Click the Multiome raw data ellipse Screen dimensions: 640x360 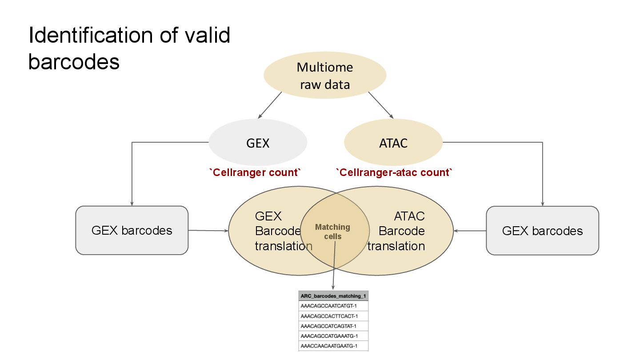325,75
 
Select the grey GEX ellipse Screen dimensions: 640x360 258,142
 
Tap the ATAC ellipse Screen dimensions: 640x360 393,142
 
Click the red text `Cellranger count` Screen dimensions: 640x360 255,172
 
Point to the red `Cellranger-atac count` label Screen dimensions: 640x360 394,172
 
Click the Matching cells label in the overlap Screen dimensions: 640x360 332,232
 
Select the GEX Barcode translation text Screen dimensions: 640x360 283,231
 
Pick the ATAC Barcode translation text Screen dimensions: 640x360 396,231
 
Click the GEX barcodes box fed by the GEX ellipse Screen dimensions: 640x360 132,230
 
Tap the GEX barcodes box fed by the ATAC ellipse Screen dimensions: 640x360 542,231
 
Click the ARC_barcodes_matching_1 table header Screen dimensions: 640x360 333,296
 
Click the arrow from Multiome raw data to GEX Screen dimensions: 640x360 270,105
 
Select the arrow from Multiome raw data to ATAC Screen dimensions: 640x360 381,105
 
